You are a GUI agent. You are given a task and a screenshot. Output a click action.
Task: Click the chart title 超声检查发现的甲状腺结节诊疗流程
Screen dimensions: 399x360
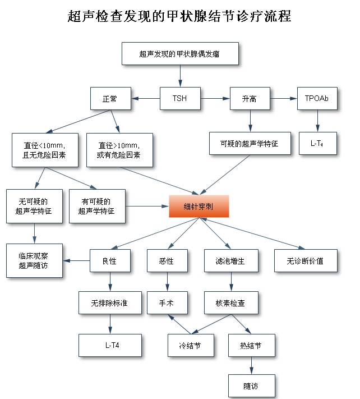tap(179, 16)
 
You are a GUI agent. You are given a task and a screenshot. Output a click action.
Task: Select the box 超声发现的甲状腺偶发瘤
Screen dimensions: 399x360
tap(180, 54)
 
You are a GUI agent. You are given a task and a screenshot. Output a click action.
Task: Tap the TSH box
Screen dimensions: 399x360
tap(179, 99)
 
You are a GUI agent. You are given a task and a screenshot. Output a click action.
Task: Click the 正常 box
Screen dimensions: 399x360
tap(110, 99)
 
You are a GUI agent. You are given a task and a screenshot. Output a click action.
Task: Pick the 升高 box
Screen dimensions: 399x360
tap(250, 99)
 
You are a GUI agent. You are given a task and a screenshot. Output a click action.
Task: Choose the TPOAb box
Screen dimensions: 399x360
tap(317, 99)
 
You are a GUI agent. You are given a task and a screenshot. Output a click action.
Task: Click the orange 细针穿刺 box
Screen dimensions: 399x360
tap(199, 206)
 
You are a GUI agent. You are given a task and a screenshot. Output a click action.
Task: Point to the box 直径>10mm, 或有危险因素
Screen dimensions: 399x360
tap(119, 150)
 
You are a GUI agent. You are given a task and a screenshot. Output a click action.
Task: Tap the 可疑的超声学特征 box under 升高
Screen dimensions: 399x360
tap(250, 144)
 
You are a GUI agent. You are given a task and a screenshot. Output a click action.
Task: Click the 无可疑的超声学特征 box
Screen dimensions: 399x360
tap(34, 206)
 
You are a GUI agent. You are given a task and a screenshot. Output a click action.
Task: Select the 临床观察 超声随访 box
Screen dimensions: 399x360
tap(34, 260)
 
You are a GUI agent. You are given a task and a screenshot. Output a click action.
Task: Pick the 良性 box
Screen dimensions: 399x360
tap(110, 261)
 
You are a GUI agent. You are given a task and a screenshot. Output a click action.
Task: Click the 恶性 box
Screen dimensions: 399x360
tap(167, 261)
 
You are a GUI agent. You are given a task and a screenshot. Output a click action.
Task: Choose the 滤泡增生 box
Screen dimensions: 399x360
tap(232, 261)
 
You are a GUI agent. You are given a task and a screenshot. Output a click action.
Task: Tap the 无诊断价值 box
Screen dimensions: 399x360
tap(306, 261)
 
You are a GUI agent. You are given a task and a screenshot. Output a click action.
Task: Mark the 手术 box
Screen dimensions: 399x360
tap(167, 303)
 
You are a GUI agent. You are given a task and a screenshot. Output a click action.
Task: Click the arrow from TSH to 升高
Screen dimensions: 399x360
tap(215, 99)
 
